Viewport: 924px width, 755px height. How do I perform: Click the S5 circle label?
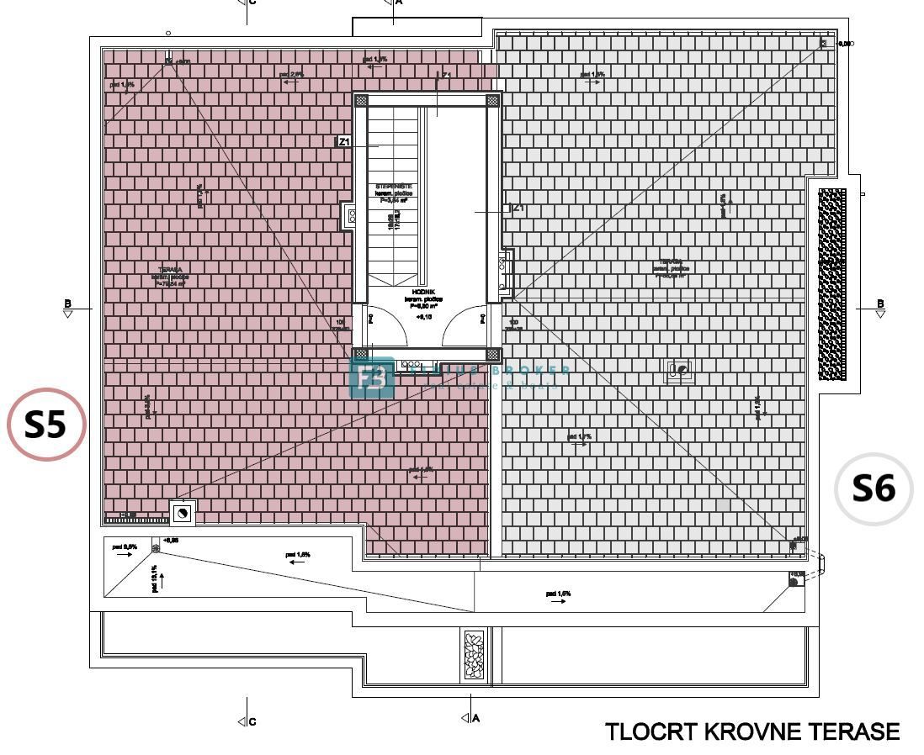pyautogui.click(x=46, y=425)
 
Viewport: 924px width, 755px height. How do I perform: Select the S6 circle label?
pyautogui.click(x=874, y=488)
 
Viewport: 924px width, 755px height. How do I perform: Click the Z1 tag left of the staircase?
pyautogui.click(x=343, y=142)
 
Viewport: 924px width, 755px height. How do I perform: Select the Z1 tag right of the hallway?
pyautogui.click(x=518, y=208)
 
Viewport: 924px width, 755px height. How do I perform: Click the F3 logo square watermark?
pyautogui.click(x=371, y=377)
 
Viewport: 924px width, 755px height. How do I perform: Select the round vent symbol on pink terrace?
pyautogui.click(x=183, y=512)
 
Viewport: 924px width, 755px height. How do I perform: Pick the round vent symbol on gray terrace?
pyautogui.click(x=680, y=370)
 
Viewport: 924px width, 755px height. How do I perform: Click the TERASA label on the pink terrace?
pyautogui.click(x=170, y=271)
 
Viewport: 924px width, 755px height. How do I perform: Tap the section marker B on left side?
pyautogui.click(x=67, y=308)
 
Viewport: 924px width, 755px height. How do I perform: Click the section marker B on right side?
pyautogui.click(x=880, y=308)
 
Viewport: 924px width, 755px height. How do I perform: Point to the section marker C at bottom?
pyautogui.click(x=246, y=721)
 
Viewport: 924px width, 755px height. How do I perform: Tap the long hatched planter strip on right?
pyautogui.click(x=832, y=284)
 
